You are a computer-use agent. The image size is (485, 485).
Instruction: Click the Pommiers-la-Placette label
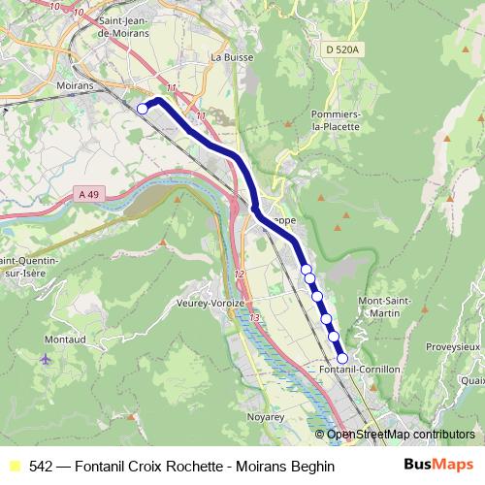336,120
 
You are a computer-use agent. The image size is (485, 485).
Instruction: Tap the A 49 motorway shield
87,195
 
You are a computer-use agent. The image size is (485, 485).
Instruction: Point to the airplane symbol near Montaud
46,359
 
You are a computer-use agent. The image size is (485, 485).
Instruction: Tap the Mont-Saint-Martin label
386,307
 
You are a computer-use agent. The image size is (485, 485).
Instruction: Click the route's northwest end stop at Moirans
143,109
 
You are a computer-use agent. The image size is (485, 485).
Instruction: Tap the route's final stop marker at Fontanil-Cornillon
341,358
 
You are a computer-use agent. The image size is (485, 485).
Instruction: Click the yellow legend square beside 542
13,467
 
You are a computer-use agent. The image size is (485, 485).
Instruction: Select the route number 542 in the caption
41,467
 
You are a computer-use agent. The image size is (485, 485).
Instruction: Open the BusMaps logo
438,466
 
